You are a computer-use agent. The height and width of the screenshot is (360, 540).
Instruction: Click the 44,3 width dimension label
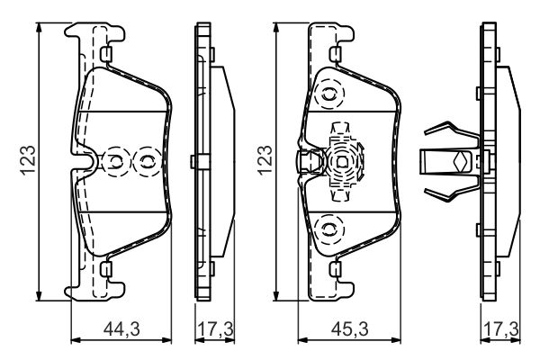pyautogui.click(x=121, y=330)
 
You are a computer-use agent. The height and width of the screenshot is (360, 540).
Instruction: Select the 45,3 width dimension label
pyautogui.click(x=347, y=330)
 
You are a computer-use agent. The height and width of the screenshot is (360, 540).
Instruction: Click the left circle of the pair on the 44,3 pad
pyautogui.click(x=116, y=162)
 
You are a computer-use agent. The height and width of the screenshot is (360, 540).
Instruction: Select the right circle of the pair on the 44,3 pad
pyautogui.click(x=144, y=162)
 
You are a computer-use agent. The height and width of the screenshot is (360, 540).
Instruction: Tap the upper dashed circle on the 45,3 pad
pyautogui.click(x=330, y=93)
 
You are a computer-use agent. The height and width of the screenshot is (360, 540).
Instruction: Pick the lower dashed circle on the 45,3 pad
pyautogui.click(x=330, y=229)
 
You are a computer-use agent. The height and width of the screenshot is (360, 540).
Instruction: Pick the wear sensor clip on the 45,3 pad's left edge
pyautogui.click(x=306, y=163)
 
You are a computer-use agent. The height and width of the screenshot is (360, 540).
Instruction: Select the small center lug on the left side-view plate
pyautogui.click(x=194, y=162)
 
